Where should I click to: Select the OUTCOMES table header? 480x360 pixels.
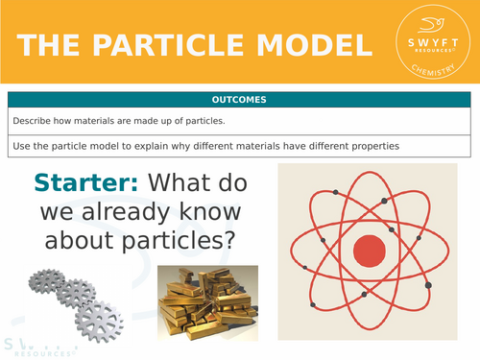click(239, 100)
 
